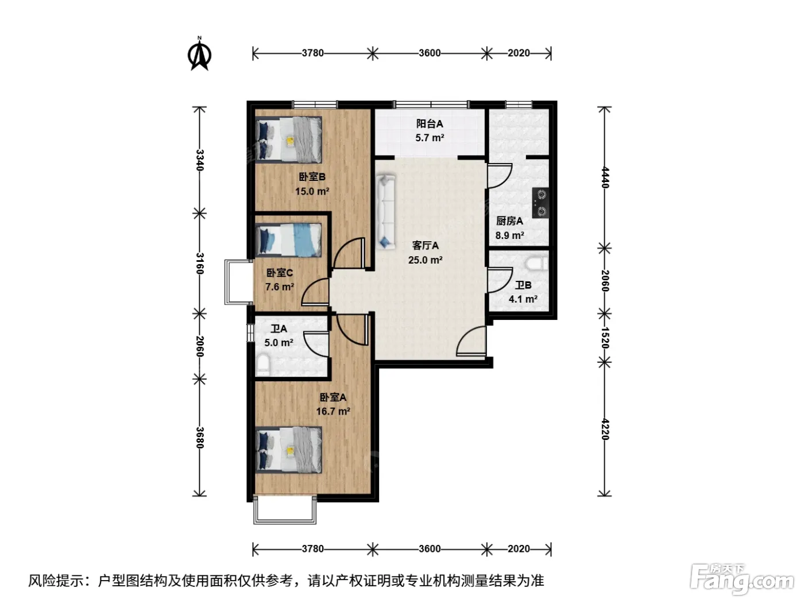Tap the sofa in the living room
(x=386, y=212)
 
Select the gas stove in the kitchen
(x=540, y=203)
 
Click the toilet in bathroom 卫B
(x=536, y=263)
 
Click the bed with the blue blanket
(x=289, y=240)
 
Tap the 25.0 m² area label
(x=426, y=260)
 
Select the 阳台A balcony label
(x=430, y=123)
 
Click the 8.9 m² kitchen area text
(x=509, y=235)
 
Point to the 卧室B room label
(x=312, y=177)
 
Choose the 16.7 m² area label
(x=333, y=412)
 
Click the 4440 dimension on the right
(x=605, y=177)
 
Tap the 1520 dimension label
(x=605, y=338)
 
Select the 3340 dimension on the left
(x=200, y=160)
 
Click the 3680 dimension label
(x=200, y=438)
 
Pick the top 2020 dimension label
(x=519, y=53)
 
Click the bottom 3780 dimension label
(x=313, y=549)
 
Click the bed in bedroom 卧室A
(x=289, y=450)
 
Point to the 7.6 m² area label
(x=280, y=287)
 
